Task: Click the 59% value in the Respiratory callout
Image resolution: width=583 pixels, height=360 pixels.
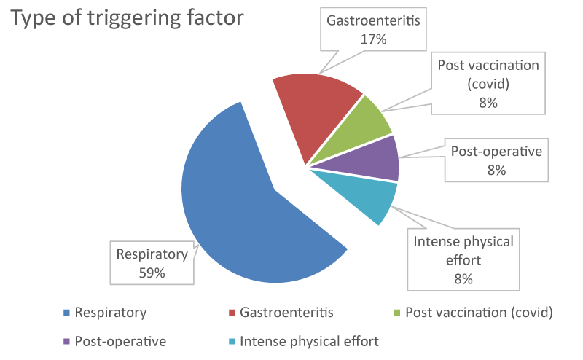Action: [x=152, y=273]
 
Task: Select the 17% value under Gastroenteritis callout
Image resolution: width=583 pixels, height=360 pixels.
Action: [x=373, y=39]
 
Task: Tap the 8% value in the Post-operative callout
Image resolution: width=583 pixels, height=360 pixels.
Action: [x=496, y=171]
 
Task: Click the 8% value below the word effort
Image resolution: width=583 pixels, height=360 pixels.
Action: [x=463, y=278]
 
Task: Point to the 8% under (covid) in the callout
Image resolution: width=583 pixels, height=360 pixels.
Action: [x=488, y=103]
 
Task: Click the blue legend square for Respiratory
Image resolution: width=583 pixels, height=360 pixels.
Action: [x=66, y=313]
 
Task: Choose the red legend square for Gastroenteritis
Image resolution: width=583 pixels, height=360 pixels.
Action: [x=232, y=313]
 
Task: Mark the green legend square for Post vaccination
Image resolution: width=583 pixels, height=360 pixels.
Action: [x=397, y=313]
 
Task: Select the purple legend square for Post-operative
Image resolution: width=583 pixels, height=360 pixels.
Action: [x=66, y=341]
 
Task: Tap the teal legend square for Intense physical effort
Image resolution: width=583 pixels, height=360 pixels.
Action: [x=232, y=341]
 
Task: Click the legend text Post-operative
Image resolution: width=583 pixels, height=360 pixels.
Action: [x=120, y=341]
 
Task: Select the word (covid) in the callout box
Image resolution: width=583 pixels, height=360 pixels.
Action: [x=488, y=84]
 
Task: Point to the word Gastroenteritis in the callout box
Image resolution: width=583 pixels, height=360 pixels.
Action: [x=373, y=20]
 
